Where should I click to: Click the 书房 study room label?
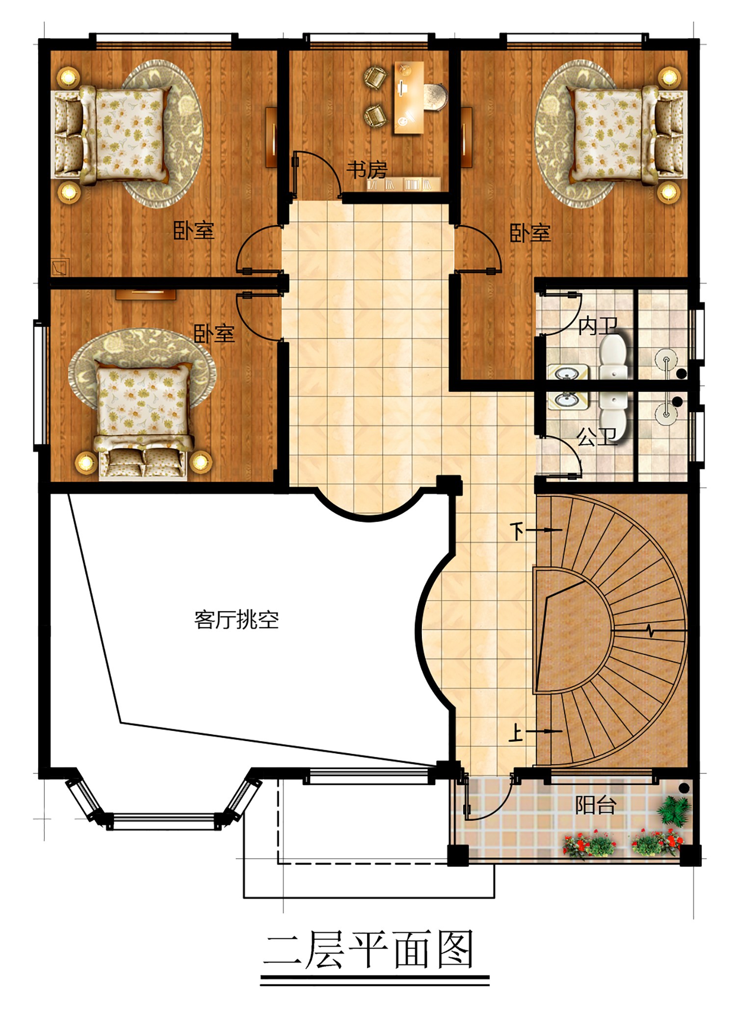click(367, 170)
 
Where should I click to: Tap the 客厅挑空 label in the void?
click(237, 620)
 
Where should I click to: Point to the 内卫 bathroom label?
click(597, 326)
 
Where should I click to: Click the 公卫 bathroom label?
click(596, 437)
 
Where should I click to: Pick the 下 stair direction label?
click(517, 531)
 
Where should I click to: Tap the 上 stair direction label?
click(516, 732)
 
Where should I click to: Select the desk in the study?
click(409, 98)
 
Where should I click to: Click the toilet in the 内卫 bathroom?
click(613, 356)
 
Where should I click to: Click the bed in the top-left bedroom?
click(113, 134)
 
